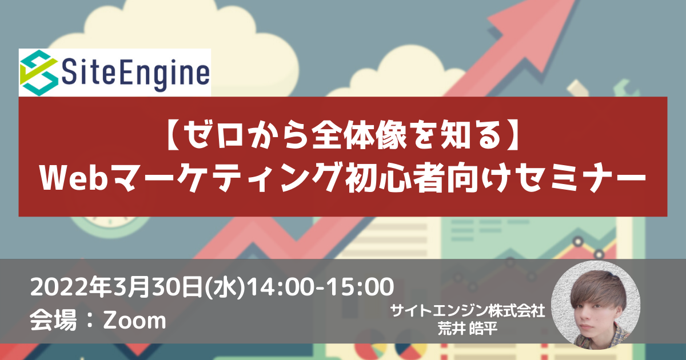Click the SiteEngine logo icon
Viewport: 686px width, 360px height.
(39, 73)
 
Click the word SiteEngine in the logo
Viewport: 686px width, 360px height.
(135, 74)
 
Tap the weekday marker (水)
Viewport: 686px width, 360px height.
(225, 287)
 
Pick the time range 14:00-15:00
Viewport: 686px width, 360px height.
(321, 287)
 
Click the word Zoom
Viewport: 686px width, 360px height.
(135, 321)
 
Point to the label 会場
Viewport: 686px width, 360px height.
(53, 320)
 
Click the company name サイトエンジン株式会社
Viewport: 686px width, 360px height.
(468, 311)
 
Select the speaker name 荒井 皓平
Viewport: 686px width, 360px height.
(468, 329)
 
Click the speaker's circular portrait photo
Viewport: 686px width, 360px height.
(595, 305)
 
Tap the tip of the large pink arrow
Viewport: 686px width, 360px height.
(575, 1)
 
